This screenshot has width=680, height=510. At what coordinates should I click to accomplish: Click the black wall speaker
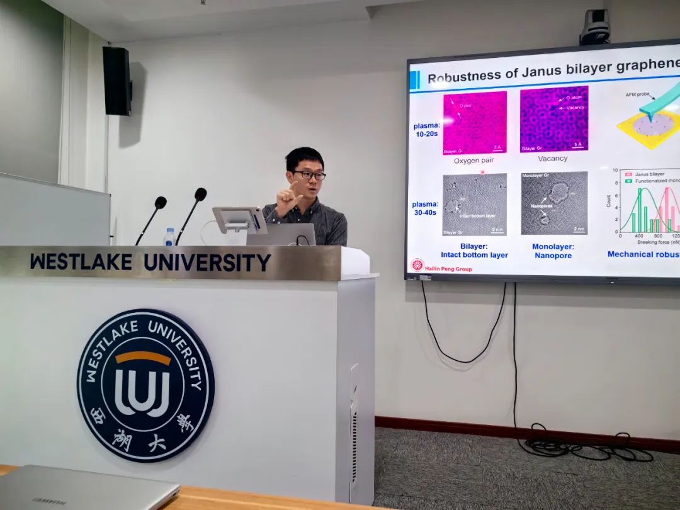coord(117,81)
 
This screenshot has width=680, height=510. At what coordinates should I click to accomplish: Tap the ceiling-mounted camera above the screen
coord(594,27)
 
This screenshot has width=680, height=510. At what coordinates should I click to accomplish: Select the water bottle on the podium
coord(169,237)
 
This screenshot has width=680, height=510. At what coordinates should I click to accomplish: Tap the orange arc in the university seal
coord(143,358)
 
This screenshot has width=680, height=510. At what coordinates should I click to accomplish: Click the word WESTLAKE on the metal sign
coord(81,262)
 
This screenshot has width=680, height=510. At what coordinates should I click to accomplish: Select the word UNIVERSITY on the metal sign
coord(207,263)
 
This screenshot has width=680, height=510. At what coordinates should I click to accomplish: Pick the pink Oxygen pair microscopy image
coord(475,122)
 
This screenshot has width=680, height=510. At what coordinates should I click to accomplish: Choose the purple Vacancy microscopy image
coord(553,119)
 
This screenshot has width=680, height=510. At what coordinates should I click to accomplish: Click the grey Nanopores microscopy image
coord(554,203)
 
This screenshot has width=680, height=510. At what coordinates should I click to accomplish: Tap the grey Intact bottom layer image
coord(475,204)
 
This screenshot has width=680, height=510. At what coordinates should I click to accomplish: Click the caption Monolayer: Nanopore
coord(553,251)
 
